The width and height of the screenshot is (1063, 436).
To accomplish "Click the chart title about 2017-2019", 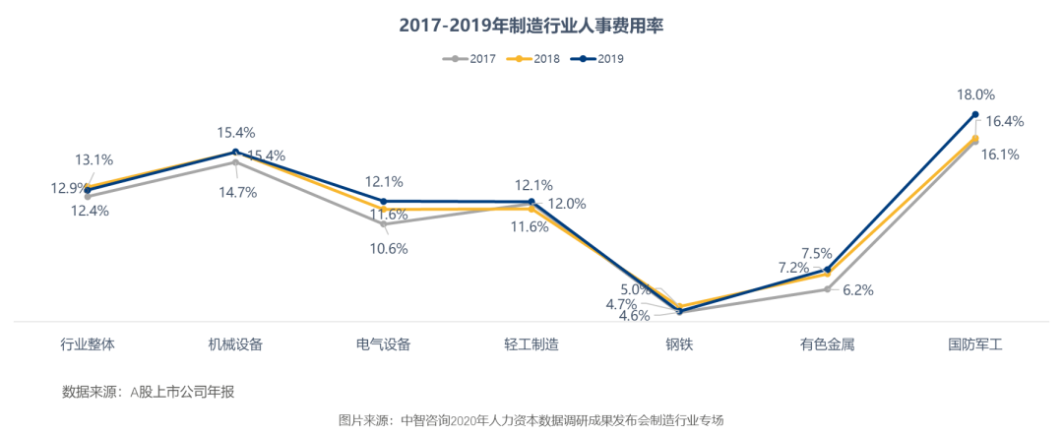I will [531, 26].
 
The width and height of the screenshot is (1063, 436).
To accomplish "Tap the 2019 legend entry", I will [599, 59].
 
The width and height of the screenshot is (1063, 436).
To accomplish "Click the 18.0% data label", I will [976, 95].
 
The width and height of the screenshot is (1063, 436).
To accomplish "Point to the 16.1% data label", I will [1000, 155].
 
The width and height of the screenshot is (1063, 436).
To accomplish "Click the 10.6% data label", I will [388, 248].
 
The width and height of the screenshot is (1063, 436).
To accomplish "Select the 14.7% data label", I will [236, 192].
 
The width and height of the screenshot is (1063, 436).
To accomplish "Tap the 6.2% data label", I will [858, 290].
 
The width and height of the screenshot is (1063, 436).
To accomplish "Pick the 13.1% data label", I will [94, 158].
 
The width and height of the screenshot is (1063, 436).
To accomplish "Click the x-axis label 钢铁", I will [679, 344].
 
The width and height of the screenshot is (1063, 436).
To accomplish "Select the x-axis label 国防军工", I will [974, 344].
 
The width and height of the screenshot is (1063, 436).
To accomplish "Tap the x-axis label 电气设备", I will [384, 344].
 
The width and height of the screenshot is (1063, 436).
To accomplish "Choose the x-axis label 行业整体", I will [88, 344].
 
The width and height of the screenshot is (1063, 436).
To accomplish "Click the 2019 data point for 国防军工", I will [975, 114].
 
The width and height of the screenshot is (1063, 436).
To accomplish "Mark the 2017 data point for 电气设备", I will [384, 224].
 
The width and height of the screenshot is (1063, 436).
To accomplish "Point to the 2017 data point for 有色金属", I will [828, 289].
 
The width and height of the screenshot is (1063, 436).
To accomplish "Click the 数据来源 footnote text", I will [149, 392].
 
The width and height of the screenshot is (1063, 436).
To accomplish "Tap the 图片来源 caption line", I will [531, 420].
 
